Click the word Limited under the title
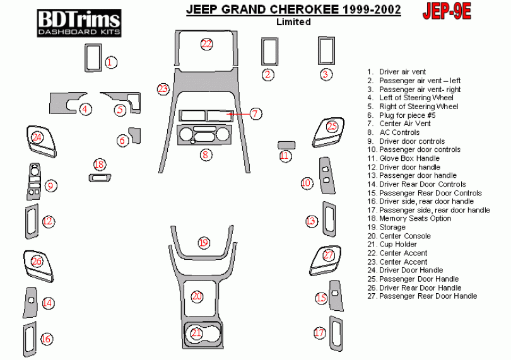pos(293,22)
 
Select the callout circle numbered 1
pos(111,62)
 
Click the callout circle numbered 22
pos(207,44)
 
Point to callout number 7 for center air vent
pos(255,113)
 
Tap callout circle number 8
pos(205,154)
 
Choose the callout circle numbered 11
pos(285,155)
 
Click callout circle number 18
pos(99,165)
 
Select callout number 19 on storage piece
pos(203,243)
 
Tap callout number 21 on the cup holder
pos(197,332)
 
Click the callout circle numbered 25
pos(332,127)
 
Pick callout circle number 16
pos(46,339)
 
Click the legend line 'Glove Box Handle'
pos(409,158)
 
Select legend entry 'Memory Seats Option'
pos(414,218)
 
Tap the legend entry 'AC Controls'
pos(399,132)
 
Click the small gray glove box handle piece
pos(286,145)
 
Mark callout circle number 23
pos(163,89)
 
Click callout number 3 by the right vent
pos(326,74)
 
